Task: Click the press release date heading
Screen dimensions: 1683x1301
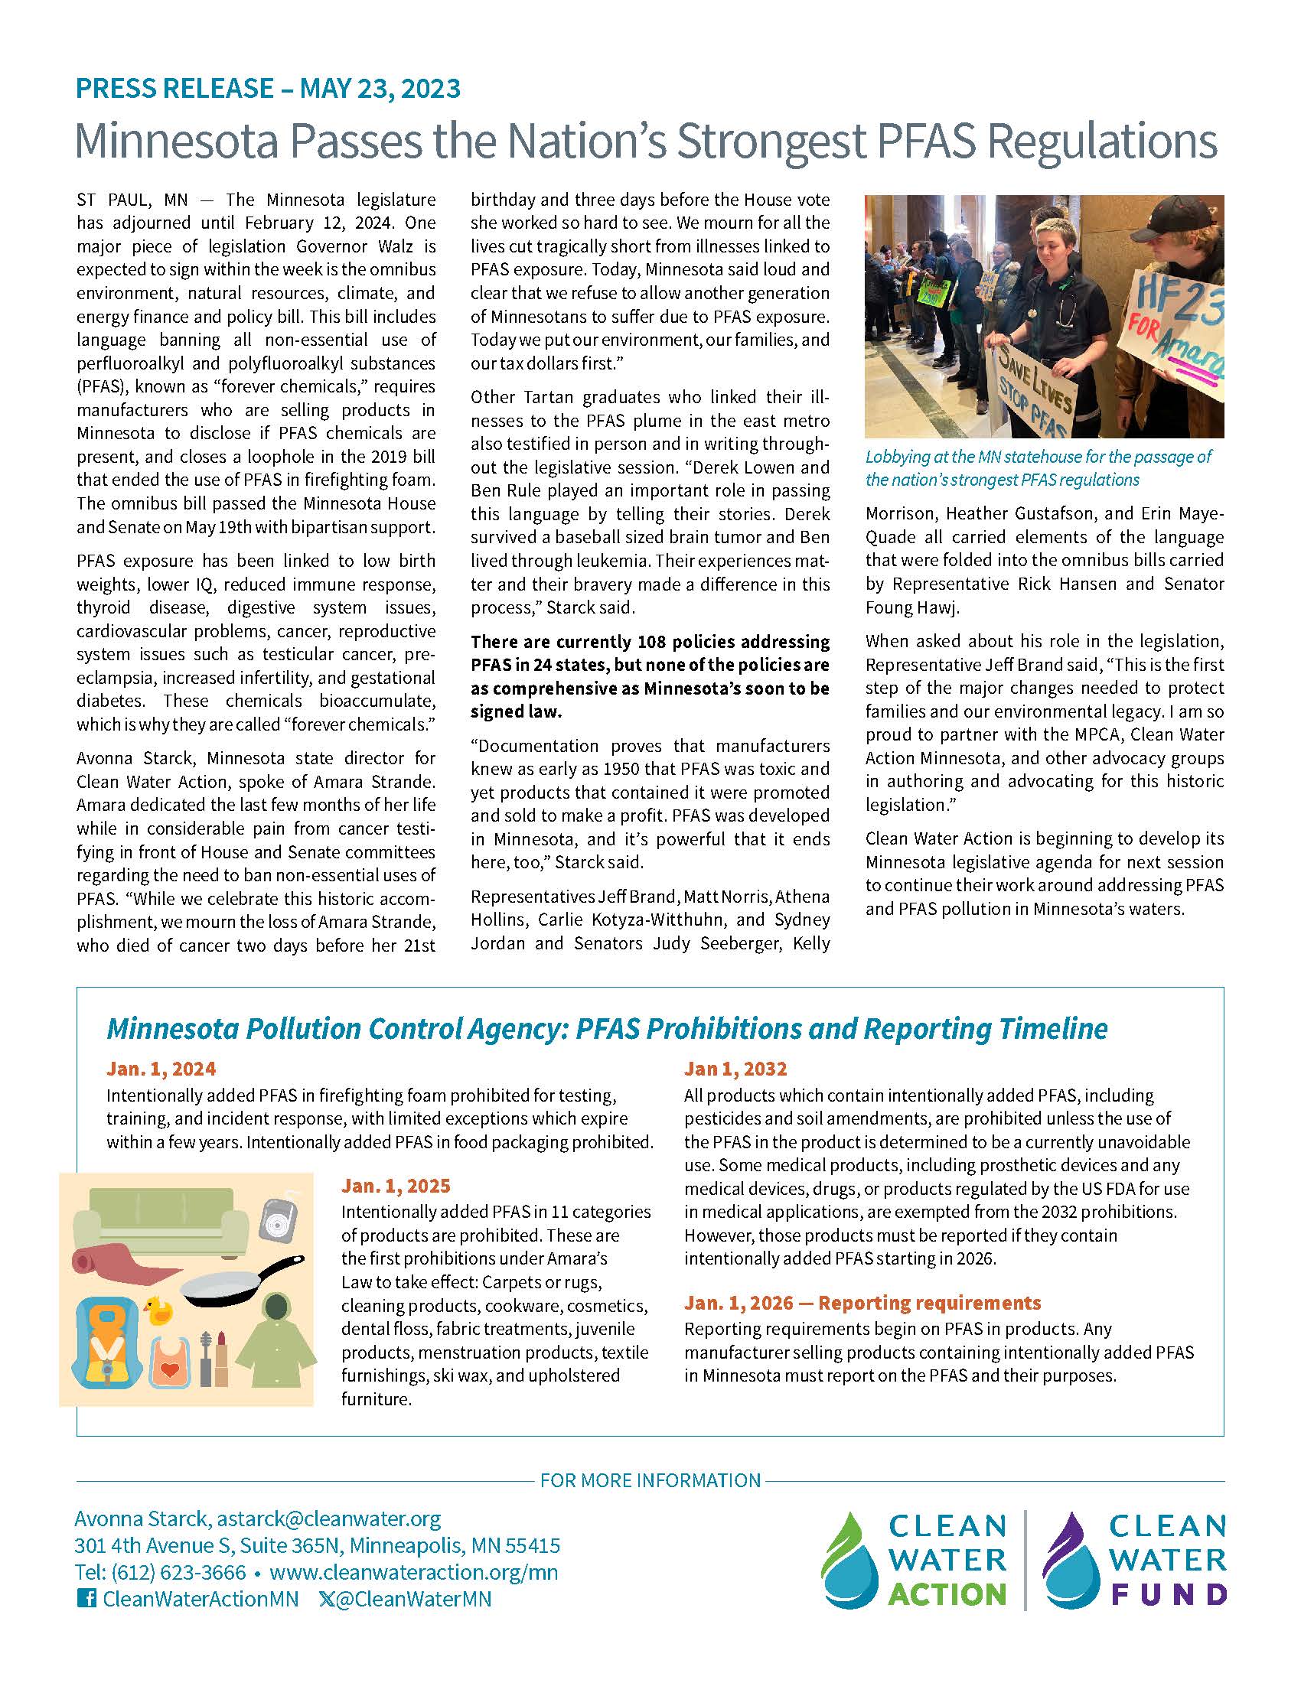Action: (x=267, y=89)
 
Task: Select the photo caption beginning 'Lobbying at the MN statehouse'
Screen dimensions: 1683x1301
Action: (x=1039, y=467)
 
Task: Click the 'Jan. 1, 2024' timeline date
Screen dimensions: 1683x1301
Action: (x=161, y=1069)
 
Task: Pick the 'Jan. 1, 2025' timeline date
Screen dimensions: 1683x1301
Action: (x=396, y=1185)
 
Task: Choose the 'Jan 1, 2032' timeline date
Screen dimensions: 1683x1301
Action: (x=735, y=1069)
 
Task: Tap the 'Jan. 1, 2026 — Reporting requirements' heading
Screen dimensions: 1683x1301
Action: (x=862, y=1302)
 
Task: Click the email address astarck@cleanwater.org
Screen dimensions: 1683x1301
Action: (x=328, y=1518)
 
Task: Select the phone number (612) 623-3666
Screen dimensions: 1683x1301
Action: (x=179, y=1572)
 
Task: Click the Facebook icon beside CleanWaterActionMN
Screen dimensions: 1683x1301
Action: (x=86, y=1599)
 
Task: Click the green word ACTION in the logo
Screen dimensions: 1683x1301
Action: (x=947, y=1593)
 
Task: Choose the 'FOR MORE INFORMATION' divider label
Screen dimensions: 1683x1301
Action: (x=650, y=1480)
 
